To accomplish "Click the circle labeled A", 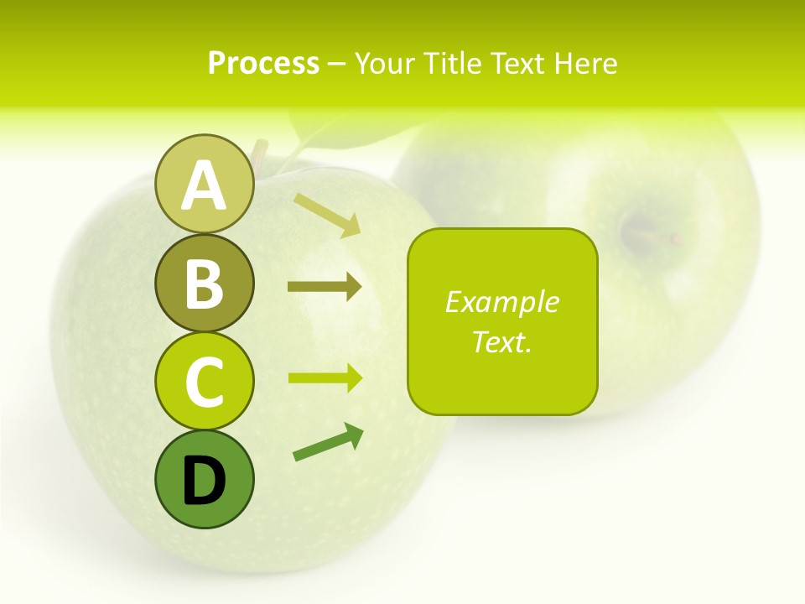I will point(204,185).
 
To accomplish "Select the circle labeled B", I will point(204,283).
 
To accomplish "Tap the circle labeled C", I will point(204,381).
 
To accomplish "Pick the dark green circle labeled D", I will point(204,479).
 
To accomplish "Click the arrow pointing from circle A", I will point(327,214).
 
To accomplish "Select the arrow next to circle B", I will point(325,287).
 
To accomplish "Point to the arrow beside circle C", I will point(325,378).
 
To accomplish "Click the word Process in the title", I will point(263,63).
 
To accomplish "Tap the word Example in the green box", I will point(501,302).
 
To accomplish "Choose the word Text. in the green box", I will point(501,341).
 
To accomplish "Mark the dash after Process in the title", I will point(337,64).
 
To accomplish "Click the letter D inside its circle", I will point(204,481).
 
